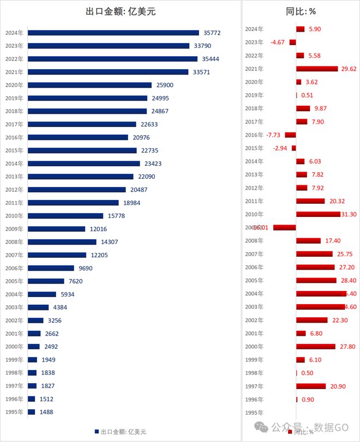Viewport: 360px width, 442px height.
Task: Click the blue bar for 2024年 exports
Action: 113,33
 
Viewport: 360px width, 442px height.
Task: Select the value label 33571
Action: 200,72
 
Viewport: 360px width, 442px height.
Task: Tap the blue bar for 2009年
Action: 56,229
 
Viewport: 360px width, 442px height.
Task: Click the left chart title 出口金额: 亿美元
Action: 121,11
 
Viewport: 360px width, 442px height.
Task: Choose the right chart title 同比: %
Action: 301,11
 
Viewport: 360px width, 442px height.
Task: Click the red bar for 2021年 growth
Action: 317,69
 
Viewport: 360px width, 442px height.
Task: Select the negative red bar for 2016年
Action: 290,135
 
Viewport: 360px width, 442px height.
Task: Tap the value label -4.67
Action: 278,42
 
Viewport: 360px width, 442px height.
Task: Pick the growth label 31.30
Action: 347,214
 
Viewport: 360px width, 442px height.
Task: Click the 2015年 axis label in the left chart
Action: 14,150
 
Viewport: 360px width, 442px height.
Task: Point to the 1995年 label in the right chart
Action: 254,413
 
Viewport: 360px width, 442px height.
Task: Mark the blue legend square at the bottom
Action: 97,432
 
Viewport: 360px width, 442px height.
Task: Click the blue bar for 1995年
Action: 31,412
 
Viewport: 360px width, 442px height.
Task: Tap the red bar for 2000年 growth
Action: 315,346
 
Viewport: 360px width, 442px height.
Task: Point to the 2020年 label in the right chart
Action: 254,82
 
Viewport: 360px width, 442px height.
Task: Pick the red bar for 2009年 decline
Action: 284,227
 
